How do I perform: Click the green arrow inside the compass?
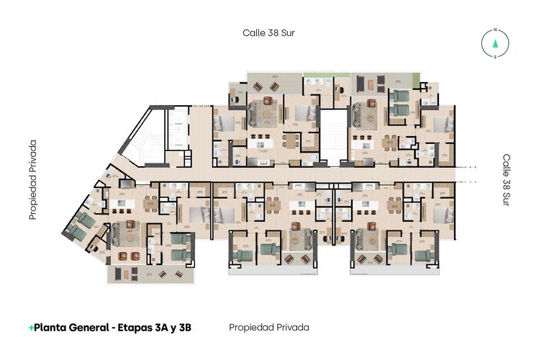pos(495,43)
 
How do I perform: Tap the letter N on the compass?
pos(495,31)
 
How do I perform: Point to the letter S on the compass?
pos(495,56)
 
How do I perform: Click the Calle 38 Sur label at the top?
pos(268,32)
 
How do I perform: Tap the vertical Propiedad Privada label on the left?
pos(32,180)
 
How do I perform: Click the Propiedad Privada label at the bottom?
pos(268,328)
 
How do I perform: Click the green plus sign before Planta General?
pos(31,328)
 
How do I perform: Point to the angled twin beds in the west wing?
pos(79,225)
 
